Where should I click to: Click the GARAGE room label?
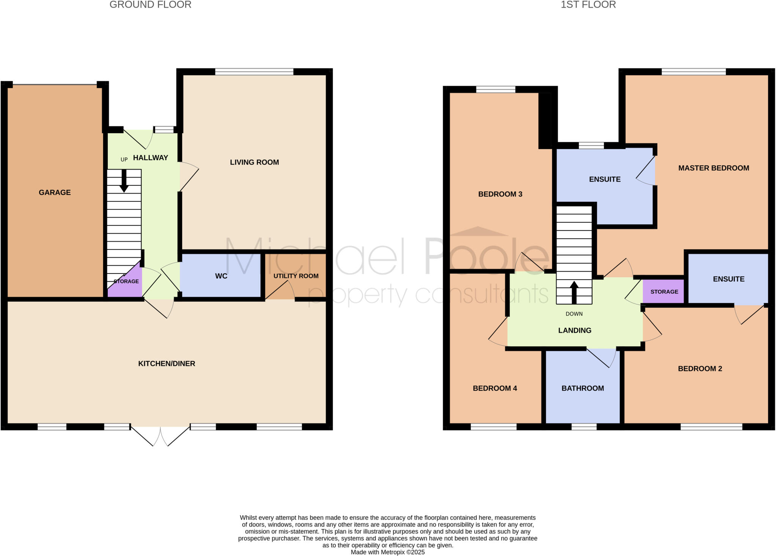(55, 192)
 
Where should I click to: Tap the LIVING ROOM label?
(254, 162)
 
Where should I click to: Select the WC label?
(221, 276)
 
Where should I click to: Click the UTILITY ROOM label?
(296, 276)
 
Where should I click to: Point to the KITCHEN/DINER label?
(167, 364)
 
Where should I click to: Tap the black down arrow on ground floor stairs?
(124, 181)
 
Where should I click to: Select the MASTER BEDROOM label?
(714, 168)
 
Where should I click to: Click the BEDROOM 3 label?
(500, 194)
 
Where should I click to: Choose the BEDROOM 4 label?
(495, 388)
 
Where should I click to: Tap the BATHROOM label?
(583, 388)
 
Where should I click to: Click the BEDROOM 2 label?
(700, 369)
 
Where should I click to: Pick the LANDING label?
(575, 331)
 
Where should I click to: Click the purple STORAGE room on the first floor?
(664, 292)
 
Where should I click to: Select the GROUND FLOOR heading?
(150, 5)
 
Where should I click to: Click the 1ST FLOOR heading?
(588, 5)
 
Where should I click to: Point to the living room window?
(254, 72)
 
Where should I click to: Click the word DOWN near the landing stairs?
(574, 314)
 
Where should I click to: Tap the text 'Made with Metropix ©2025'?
(388, 552)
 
